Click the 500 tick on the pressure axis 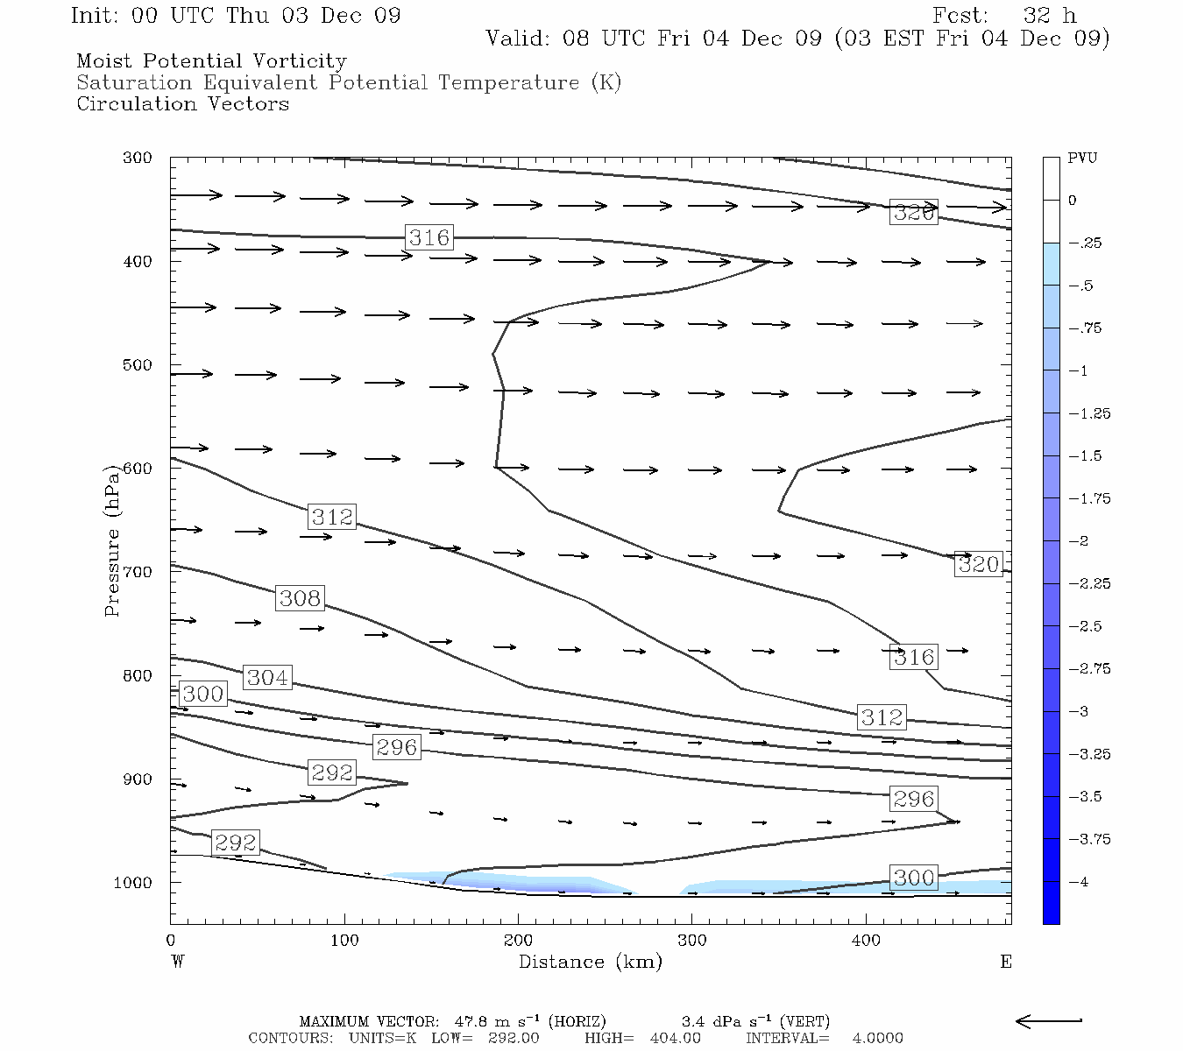click(138, 364)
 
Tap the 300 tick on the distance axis click(691, 941)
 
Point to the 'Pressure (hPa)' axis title click(112, 541)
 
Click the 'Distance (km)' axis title click(590, 962)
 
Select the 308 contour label click(300, 598)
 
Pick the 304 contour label click(267, 677)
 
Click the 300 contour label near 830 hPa click(202, 694)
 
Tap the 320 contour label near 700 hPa click(978, 565)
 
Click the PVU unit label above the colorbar click(1082, 159)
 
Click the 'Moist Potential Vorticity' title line click(211, 61)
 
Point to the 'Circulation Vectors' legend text click(182, 104)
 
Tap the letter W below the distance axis click(177, 962)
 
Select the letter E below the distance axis click(1006, 962)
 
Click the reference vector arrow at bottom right click(1049, 1020)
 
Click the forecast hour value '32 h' click(1048, 16)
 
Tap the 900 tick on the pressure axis click(138, 779)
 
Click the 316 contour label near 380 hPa click(429, 237)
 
